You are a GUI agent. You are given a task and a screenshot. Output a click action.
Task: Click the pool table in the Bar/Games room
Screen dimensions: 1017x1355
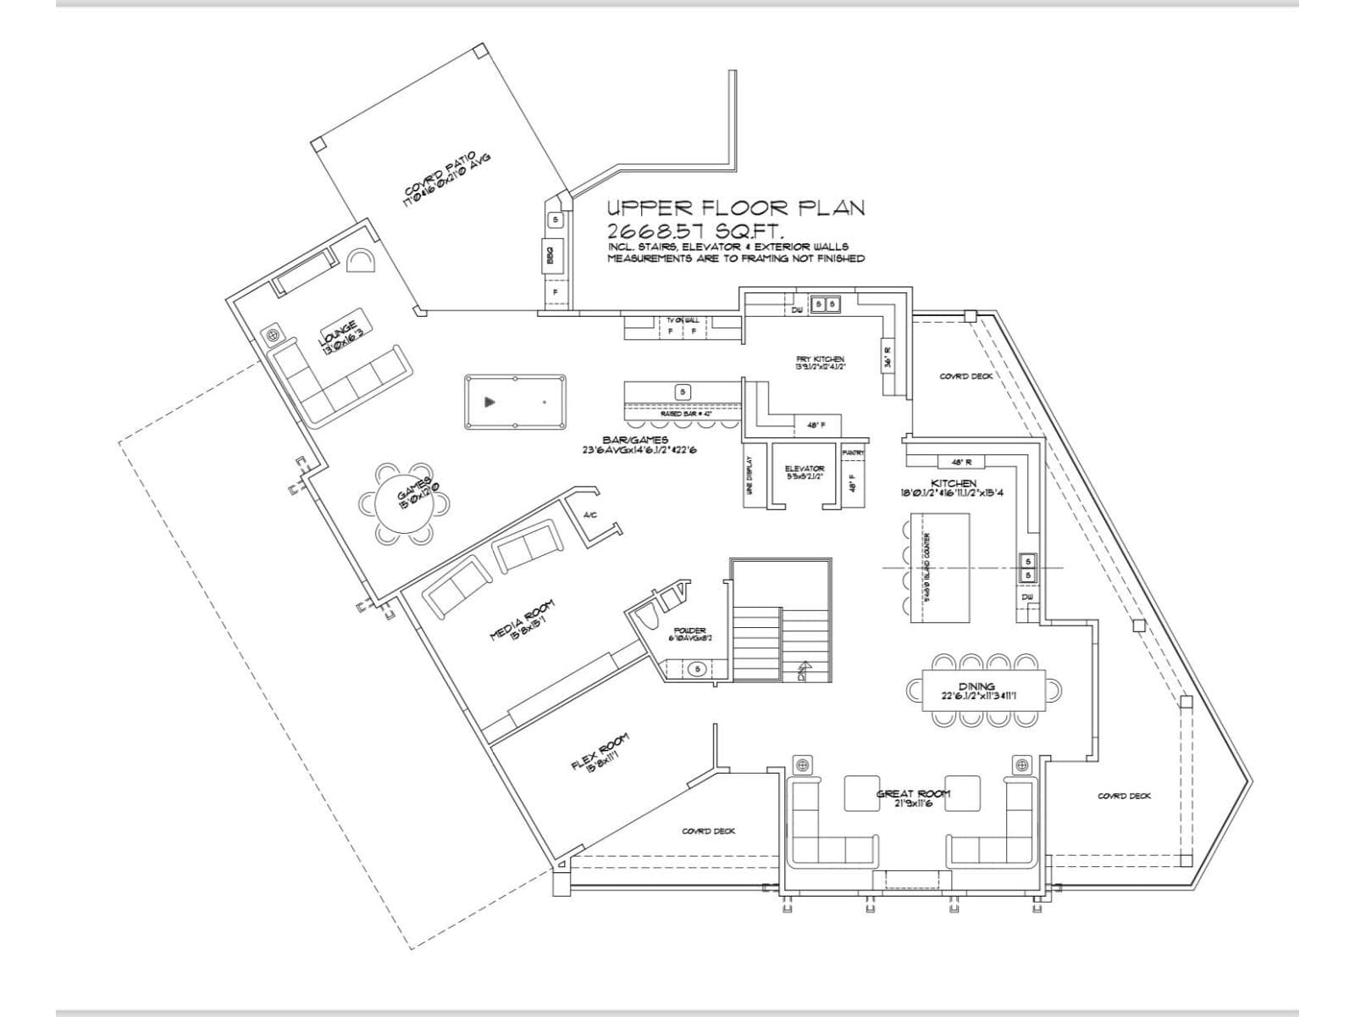point(515,403)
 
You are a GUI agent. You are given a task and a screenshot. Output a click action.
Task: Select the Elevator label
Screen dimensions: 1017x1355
point(805,470)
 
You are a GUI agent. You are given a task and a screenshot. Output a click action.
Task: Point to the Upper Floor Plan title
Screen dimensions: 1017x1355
point(735,208)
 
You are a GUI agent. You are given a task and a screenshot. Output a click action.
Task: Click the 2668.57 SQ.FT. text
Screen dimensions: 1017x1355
point(694,231)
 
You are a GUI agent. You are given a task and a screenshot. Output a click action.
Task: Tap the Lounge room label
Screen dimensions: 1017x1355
point(340,331)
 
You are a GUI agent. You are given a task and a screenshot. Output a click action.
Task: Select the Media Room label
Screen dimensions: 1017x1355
point(523,620)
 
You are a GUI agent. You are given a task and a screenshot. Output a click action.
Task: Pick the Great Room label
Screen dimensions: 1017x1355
point(913,794)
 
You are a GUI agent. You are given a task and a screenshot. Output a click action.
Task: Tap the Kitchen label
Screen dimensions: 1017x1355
point(954,483)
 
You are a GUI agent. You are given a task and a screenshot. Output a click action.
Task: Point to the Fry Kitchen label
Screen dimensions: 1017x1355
point(820,360)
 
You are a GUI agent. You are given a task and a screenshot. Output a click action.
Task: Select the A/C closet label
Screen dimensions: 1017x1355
point(591,514)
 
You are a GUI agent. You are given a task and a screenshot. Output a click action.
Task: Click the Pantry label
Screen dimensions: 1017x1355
point(853,453)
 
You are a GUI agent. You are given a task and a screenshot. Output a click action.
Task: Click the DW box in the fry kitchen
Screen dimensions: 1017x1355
point(797,310)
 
